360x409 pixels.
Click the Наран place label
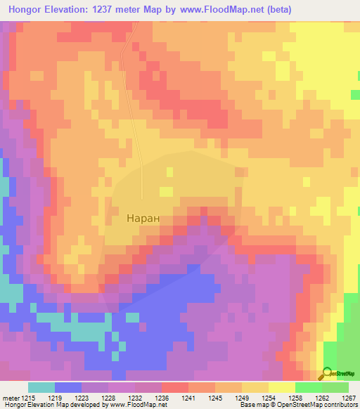(x=143, y=219)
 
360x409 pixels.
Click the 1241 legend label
(x=189, y=398)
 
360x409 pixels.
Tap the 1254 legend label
(x=268, y=398)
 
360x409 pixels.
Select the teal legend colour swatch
(x=41, y=387)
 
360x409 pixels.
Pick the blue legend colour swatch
(x=68, y=387)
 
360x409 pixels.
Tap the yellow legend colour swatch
(x=282, y=387)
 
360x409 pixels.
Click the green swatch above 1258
(x=309, y=387)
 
